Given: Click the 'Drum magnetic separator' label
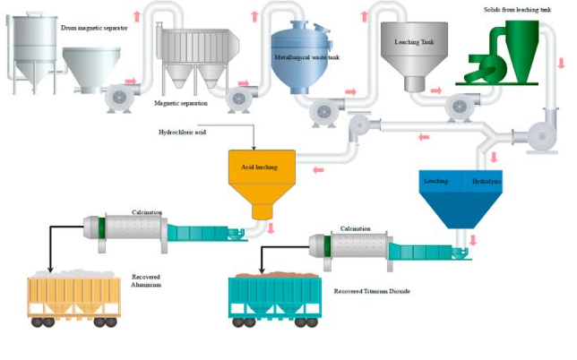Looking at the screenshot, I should [94, 28].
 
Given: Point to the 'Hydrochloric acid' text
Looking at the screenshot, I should [182, 132].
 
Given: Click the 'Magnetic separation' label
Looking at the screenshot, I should [181, 103].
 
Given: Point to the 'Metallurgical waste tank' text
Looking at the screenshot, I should [307, 56].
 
